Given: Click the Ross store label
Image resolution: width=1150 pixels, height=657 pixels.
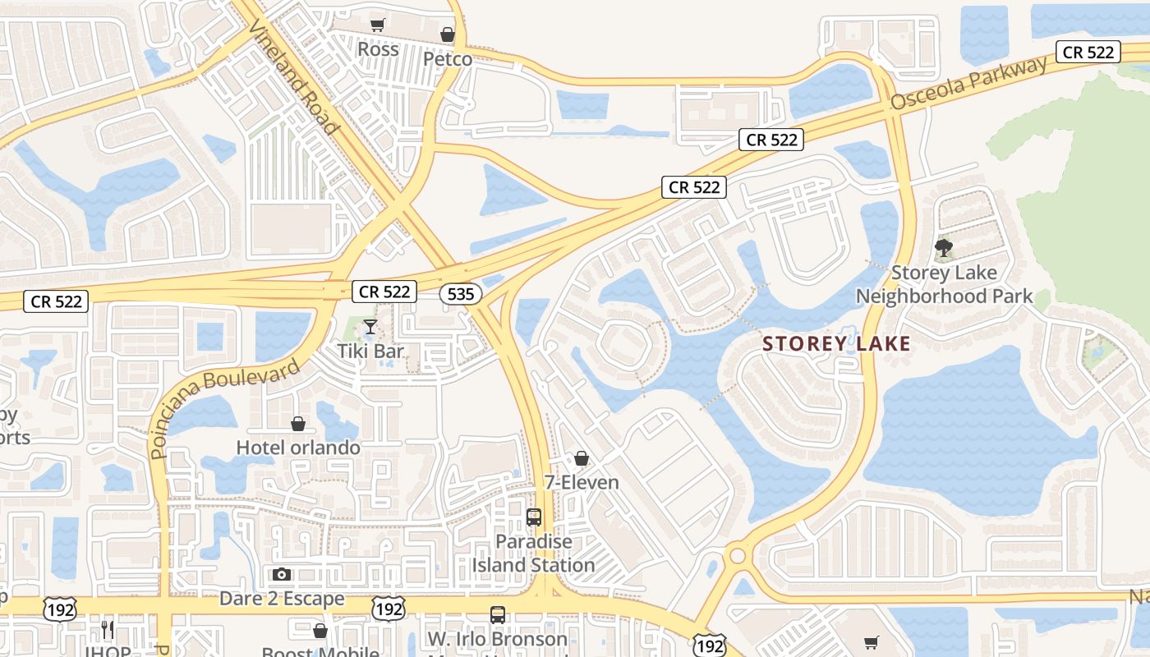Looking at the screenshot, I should pos(378,49).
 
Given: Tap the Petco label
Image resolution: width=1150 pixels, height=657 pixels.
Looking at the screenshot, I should pos(448,59).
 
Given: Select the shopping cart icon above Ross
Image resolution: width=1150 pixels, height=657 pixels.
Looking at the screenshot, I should pos(377,25).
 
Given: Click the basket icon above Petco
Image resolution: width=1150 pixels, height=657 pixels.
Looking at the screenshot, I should pos(448,35).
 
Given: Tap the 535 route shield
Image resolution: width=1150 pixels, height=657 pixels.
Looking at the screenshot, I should pos(459,293).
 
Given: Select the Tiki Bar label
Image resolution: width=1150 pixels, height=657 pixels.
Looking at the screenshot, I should pos(370,351).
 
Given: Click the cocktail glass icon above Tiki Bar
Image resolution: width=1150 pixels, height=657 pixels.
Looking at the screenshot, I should pos(370,327).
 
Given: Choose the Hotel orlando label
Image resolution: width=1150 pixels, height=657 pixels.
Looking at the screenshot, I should pos(298,448).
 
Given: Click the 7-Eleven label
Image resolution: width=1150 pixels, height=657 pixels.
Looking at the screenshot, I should pos(582,482).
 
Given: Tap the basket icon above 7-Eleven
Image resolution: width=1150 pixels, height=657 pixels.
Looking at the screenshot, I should pos(582,458).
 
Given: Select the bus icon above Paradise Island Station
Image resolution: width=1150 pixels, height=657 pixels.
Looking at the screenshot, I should pos(534,517).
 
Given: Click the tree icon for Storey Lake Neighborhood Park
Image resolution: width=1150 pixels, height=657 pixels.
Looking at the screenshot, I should pos(944,248).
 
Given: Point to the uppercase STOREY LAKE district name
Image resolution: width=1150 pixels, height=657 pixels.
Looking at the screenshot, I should pos(837,343).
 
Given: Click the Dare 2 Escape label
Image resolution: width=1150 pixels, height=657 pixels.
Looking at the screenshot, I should pos(282,599).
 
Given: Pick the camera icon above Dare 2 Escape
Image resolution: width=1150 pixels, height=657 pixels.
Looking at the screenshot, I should pos(282,574).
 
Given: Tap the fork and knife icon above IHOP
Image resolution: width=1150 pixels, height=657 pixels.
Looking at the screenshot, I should pos(108,630).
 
